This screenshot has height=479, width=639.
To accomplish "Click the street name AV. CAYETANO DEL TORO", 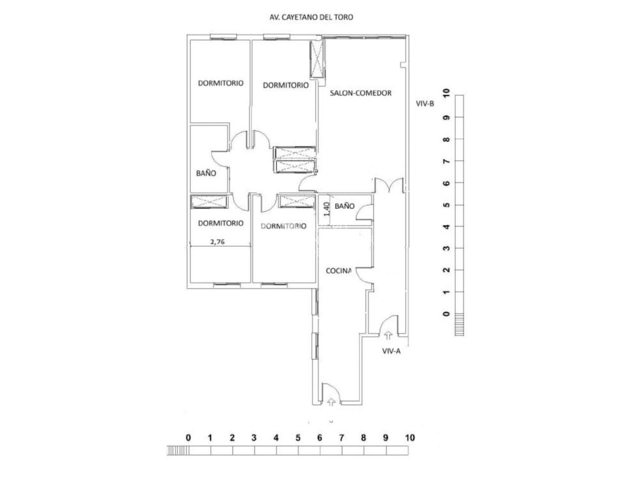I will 311,17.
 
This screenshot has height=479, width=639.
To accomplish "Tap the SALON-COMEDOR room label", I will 360,93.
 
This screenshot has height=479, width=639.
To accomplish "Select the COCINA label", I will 339,271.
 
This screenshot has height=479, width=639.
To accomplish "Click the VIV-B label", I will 426,104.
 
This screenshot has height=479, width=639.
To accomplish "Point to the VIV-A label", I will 391,351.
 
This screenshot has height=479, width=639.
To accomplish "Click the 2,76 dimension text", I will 217,242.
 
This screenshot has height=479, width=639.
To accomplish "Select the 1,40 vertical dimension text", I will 327,208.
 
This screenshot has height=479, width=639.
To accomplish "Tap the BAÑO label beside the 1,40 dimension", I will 344,206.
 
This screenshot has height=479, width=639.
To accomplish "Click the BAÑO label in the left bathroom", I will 206,174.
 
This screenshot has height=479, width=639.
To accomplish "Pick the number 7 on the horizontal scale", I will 341,438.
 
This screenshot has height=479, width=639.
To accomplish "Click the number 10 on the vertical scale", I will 446,93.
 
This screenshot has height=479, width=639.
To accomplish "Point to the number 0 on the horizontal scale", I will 188,438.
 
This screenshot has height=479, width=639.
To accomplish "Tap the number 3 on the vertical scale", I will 446,248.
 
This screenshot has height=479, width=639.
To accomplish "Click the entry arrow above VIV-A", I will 389,336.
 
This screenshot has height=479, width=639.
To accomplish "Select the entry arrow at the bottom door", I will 330,402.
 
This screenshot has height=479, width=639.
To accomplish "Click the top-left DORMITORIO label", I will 221,83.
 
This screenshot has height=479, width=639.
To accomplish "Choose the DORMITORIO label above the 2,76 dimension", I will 221,223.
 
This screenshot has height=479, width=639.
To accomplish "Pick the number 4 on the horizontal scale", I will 276,438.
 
